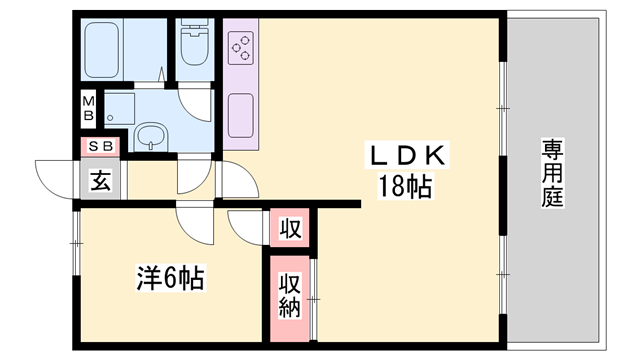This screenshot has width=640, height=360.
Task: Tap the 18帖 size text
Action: pyautogui.click(x=404, y=186)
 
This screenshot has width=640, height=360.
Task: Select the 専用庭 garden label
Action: pyautogui.click(x=552, y=172)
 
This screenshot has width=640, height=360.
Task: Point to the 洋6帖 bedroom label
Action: pyautogui.click(x=170, y=278)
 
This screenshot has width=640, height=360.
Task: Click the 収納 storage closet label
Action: pyautogui.click(x=290, y=295)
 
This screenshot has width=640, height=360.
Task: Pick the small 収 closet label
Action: pyautogui.click(x=289, y=229)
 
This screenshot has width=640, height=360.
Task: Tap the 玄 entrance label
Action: pyautogui.click(x=100, y=182)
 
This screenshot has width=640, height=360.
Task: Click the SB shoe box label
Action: pyautogui.click(x=101, y=147)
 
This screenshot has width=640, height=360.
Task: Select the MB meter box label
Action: pyautogui.click(x=88, y=108)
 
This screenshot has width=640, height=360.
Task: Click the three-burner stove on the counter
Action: pyautogui.click(x=241, y=46)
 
